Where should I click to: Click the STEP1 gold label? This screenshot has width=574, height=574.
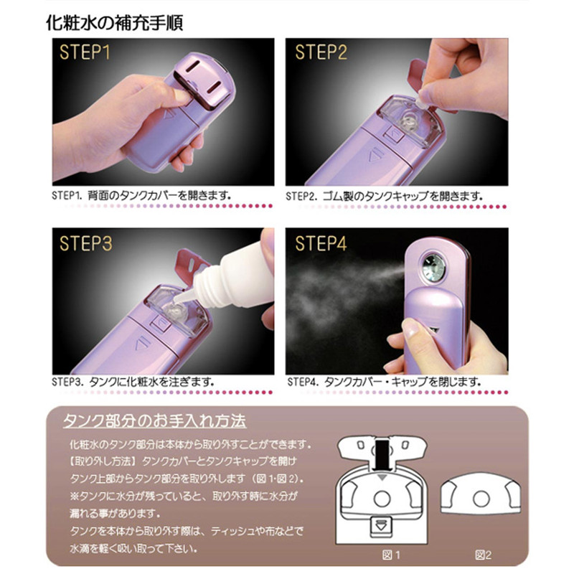click(x=85, y=52)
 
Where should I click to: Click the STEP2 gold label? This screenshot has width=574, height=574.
click(x=321, y=52)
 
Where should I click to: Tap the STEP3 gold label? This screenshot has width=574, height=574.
click(x=85, y=243)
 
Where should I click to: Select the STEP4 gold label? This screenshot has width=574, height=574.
click(x=321, y=243)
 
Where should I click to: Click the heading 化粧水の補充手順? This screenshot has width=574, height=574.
click(x=115, y=23)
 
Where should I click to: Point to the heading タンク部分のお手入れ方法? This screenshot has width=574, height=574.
click(x=154, y=421)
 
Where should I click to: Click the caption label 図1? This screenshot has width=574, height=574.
click(x=391, y=555)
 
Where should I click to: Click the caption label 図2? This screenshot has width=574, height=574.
click(x=483, y=555)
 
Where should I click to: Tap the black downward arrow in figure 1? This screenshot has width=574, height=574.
click(x=382, y=456)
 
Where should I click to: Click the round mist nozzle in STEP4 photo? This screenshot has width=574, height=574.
click(x=434, y=268)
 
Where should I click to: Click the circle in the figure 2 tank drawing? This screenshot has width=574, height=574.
click(x=481, y=499)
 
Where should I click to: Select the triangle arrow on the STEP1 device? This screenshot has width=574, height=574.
click(x=169, y=115)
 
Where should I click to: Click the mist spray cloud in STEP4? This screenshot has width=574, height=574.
click(x=344, y=293)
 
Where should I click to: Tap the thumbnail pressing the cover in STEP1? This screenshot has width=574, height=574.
click(x=182, y=96)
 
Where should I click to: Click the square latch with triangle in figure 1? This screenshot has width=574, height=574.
click(x=382, y=527)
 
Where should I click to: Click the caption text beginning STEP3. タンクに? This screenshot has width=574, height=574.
click(x=133, y=382)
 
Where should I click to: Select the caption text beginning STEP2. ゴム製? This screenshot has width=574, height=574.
click(x=385, y=196)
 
